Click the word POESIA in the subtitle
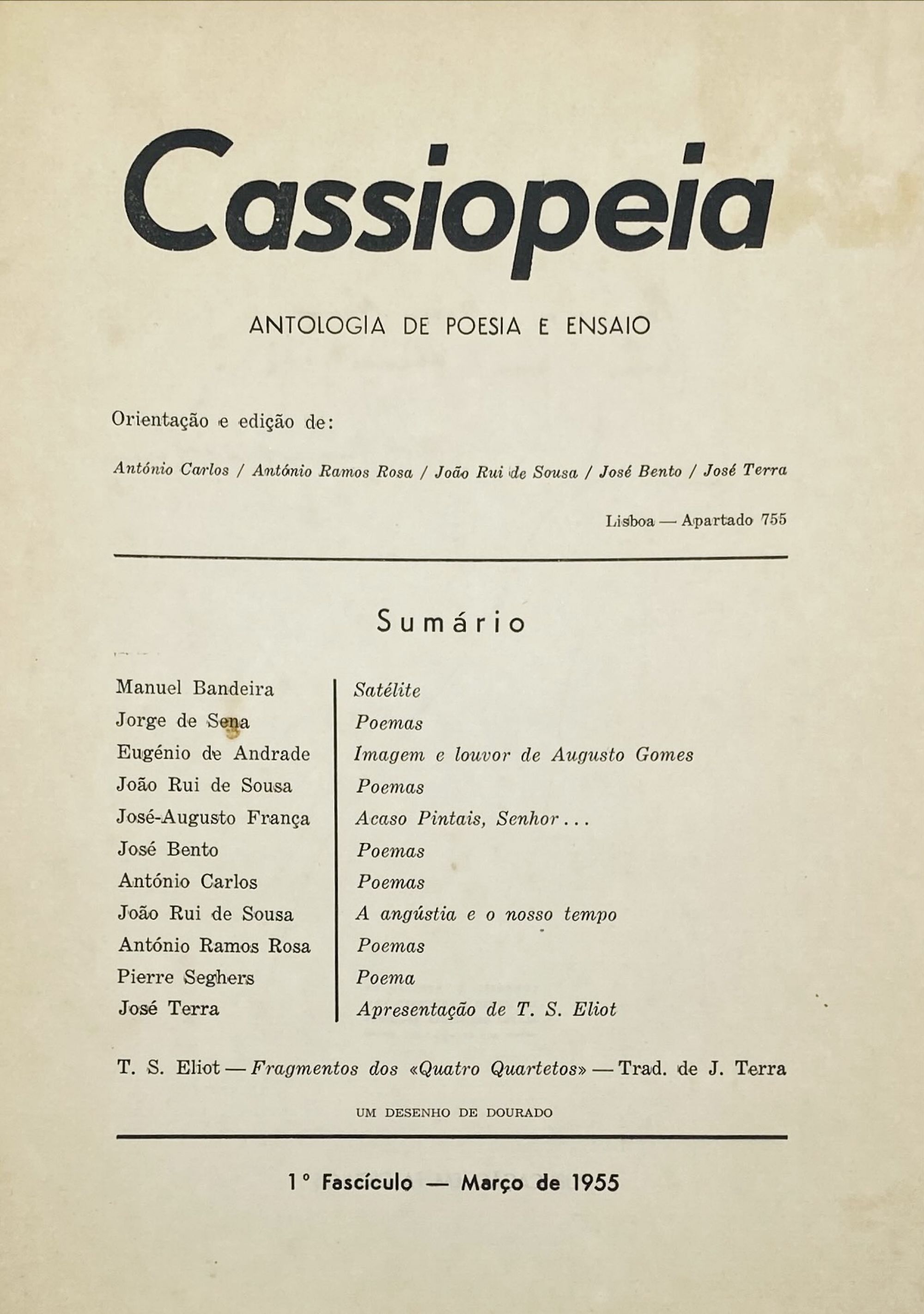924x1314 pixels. point(483,326)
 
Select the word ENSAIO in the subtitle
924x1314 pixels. point(608,326)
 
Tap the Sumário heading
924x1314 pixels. point(451,623)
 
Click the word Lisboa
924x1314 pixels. point(630,521)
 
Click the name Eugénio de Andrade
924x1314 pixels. point(213,753)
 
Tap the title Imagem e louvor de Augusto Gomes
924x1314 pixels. point(523,755)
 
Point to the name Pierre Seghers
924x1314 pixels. point(185,977)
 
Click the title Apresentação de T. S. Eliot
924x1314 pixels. point(486,1009)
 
